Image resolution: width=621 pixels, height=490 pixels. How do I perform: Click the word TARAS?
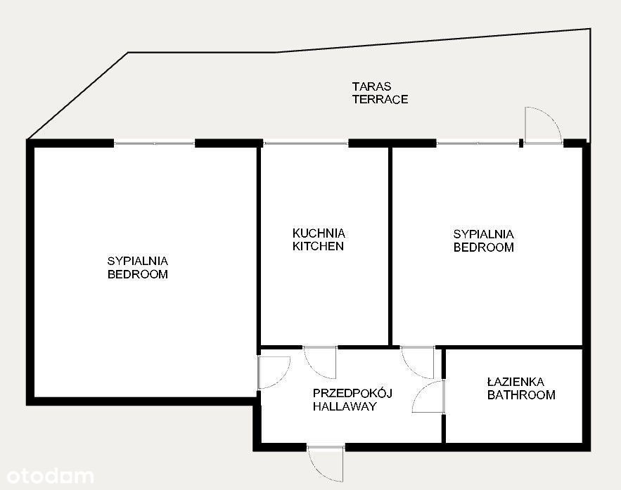(x=371, y=86)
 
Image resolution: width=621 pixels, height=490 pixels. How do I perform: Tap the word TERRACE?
(x=380, y=99)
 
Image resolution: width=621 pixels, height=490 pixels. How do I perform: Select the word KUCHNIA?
(x=319, y=233)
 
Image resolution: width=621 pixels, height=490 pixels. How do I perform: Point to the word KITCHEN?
(x=318, y=246)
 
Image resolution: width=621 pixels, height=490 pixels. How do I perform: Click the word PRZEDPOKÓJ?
(x=352, y=393)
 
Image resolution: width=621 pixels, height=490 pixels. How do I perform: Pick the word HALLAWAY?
(x=345, y=406)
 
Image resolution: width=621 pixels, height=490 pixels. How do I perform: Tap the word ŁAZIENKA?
(x=516, y=382)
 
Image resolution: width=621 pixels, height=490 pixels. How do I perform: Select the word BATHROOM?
(x=521, y=395)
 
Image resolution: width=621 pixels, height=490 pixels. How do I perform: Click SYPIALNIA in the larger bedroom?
(x=138, y=261)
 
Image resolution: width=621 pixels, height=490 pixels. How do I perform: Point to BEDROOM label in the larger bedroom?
(x=138, y=274)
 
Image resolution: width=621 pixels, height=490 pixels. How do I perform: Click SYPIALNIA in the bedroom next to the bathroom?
(x=484, y=234)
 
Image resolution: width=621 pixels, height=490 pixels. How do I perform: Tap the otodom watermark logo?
(x=50, y=476)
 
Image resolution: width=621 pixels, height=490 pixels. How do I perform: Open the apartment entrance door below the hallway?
(x=326, y=464)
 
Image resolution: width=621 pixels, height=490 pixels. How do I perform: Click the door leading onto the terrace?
(x=543, y=125)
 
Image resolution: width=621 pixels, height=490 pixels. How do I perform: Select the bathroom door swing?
(x=428, y=396)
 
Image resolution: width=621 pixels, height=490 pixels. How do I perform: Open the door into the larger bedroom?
(x=274, y=373)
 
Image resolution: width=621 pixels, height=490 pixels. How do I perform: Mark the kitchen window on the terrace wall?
(x=305, y=143)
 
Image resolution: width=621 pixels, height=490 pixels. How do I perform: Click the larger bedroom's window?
(x=155, y=143)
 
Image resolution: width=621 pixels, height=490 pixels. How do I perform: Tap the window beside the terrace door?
(x=478, y=143)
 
